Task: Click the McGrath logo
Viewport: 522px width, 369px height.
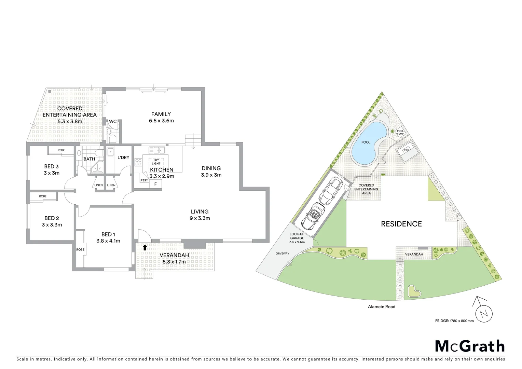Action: (x=470, y=346)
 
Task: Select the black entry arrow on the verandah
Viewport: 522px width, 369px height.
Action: (x=145, y=247)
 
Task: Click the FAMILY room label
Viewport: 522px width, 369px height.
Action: (x=161, y=114)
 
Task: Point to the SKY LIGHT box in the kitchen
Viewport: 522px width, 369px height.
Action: (x=156, y=162)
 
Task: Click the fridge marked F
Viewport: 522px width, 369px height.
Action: (x=155, y=184)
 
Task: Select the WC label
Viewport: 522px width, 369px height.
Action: (x=113, y=121)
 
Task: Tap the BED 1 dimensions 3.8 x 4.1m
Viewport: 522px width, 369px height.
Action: (x=108, y=241)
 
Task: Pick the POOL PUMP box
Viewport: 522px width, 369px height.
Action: (x=400, y=132)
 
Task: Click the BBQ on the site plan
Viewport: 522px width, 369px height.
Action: (x=406, y=150)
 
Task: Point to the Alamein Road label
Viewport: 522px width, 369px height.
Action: (x=382, y=307)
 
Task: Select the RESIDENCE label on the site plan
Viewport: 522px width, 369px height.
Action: (x=401, y=224)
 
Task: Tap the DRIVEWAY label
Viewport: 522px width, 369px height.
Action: (x=282, y=254)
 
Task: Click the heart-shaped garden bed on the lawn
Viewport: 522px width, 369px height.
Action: (x=414, y=291)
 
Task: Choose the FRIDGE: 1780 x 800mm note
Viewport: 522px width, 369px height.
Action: (x=454, y=321)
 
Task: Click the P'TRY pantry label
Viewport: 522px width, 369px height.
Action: (x=144, y=180)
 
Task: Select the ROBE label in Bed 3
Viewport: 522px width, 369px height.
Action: (x=61, y=150)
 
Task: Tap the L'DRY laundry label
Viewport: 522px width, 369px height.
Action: (x=123, y=158)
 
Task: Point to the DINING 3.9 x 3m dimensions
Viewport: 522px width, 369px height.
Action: (x=211, y=175)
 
